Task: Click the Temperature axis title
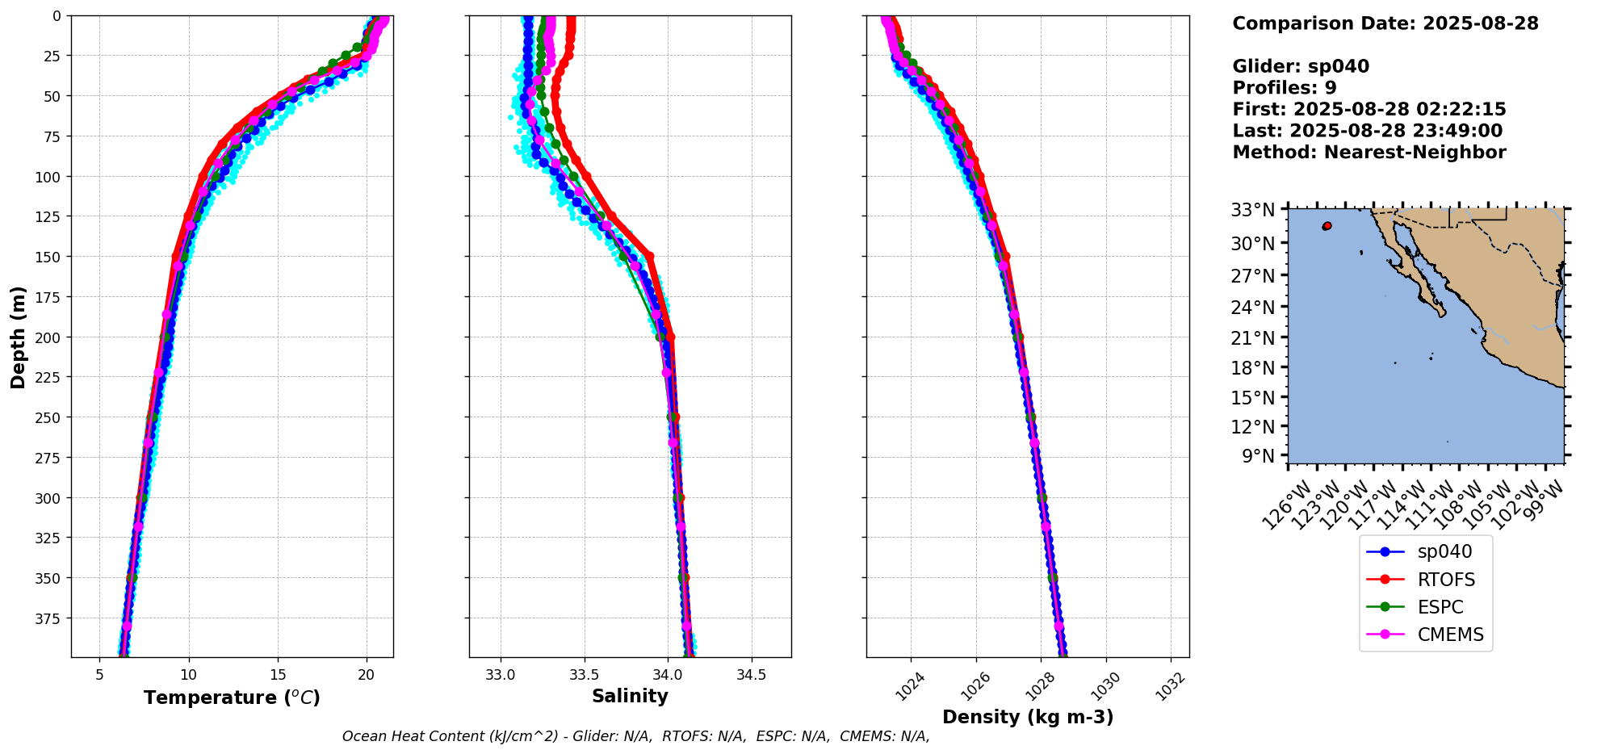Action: (232, 697)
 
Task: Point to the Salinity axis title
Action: (630, 697)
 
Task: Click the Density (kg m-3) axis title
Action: (1028, 717)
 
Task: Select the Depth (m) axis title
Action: (18, 337)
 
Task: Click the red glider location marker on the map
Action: (1327, 226)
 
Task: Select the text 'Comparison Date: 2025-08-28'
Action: (1385, 23)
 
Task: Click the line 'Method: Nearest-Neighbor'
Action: (1369, 153)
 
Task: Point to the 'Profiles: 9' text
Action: (1285, 88)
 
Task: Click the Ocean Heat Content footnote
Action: (635, 736)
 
